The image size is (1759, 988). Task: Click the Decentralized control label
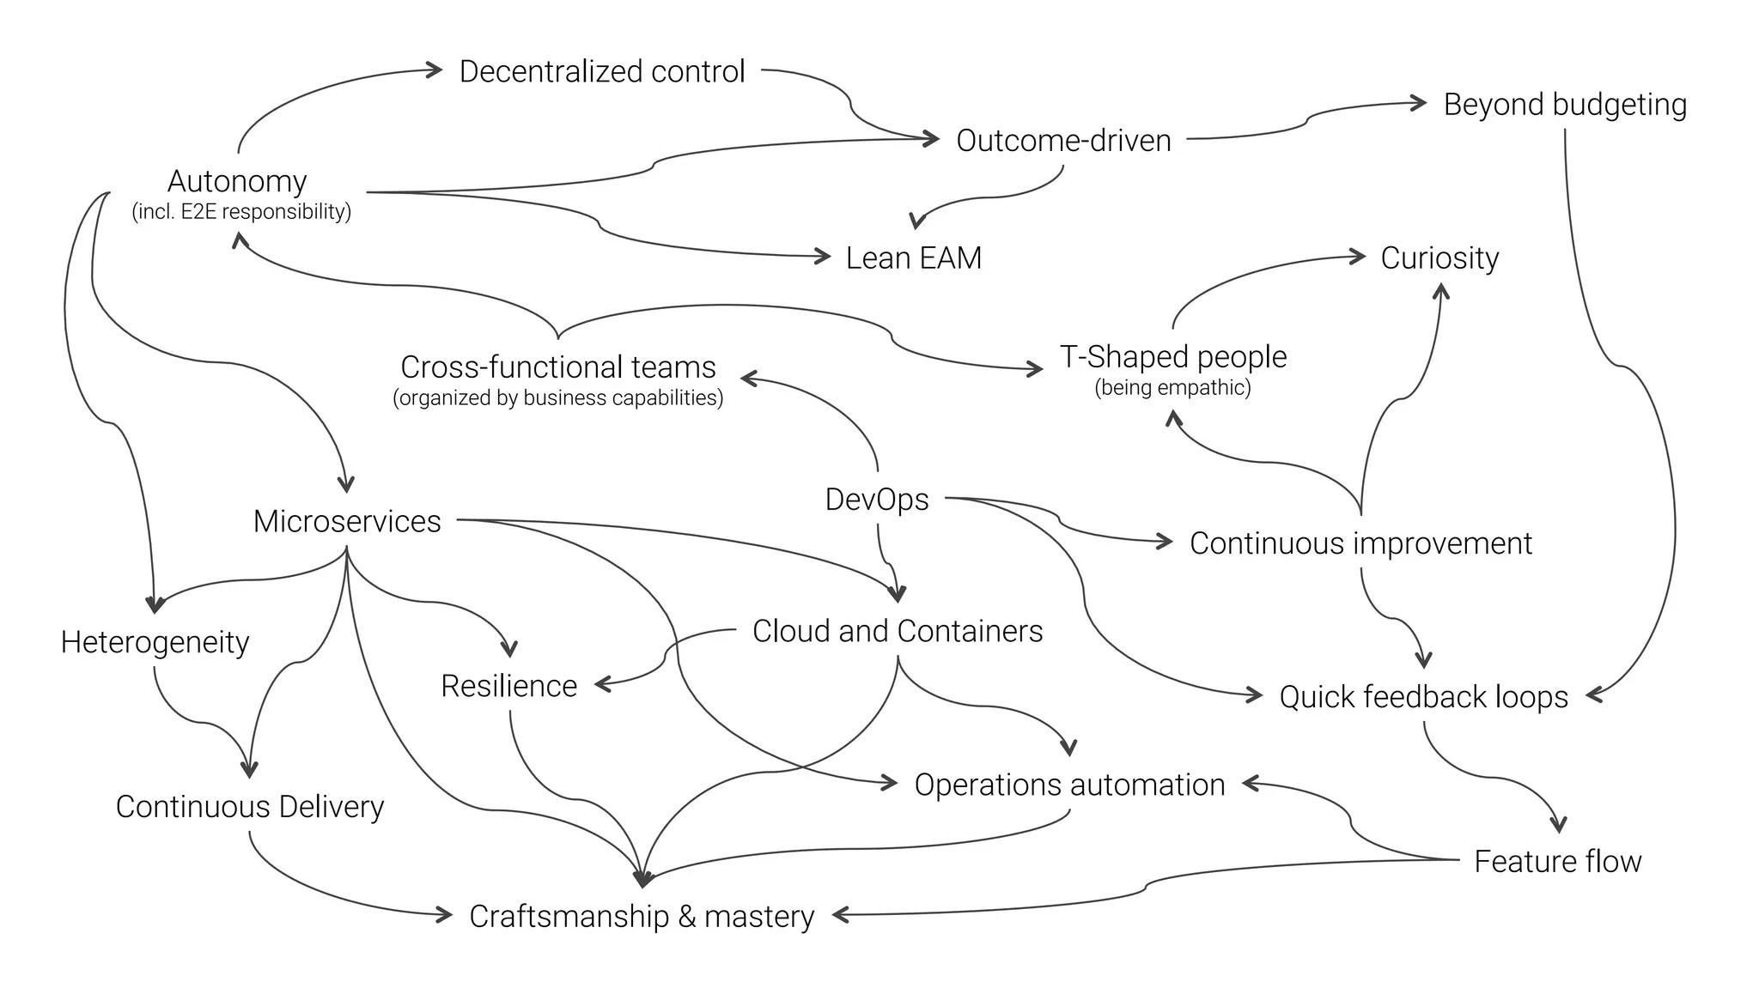(x=601, y=71)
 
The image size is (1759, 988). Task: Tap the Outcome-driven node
(x=1063, y=140)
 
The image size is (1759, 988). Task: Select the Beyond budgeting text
(x=1564, y=105)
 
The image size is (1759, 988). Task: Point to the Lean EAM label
(x=913, y=258)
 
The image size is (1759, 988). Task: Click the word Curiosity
(x=1439, y=258)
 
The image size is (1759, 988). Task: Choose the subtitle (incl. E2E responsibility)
(x=241, y=212)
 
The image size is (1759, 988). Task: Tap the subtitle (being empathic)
(x=1172, y=387)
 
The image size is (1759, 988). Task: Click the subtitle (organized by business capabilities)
(x=557, y=398)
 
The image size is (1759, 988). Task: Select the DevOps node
(x=876, y=500)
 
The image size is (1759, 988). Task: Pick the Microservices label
(x=347, y=521)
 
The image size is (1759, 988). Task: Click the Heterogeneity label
(x=155, y=642)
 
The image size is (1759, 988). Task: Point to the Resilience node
(x=508, y=686)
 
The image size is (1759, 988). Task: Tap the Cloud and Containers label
(x=897, y=631)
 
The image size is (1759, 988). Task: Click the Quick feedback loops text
(x=1423, y=697)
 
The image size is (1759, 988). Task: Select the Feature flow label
(x=1557, y=861)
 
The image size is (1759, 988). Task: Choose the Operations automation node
(x=1069, y=785)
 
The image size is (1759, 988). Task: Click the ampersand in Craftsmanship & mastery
(x=686, y=917)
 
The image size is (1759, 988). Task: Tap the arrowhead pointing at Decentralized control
(x=435, y=70)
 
